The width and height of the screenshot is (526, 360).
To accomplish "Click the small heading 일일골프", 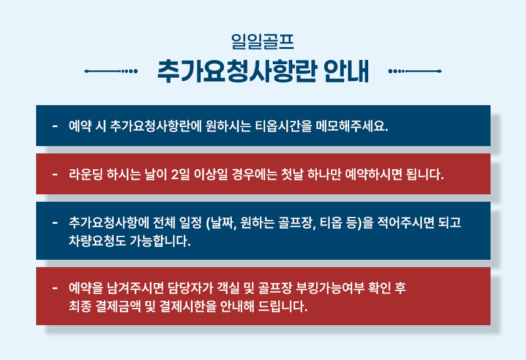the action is click(x=262, y=42).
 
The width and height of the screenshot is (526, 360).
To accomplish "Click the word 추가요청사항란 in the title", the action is click(x=237, y=71).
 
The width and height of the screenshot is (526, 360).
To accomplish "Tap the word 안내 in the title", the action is click(x=347, y=71).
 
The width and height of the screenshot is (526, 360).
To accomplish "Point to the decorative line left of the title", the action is click(x=111, y=71).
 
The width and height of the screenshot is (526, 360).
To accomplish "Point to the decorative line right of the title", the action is click(x=415, y=71).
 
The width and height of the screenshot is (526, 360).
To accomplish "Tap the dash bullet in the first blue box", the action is click(x=55, y=127).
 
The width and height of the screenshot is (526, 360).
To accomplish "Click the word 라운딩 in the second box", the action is click(x=86, y=174).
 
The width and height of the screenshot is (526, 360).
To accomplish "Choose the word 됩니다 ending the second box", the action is click(x=424, y=174).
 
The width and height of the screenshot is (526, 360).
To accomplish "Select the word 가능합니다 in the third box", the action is click(x=160, y=241).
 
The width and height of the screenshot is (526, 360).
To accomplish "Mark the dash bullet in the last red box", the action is click(x=55, y=288).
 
